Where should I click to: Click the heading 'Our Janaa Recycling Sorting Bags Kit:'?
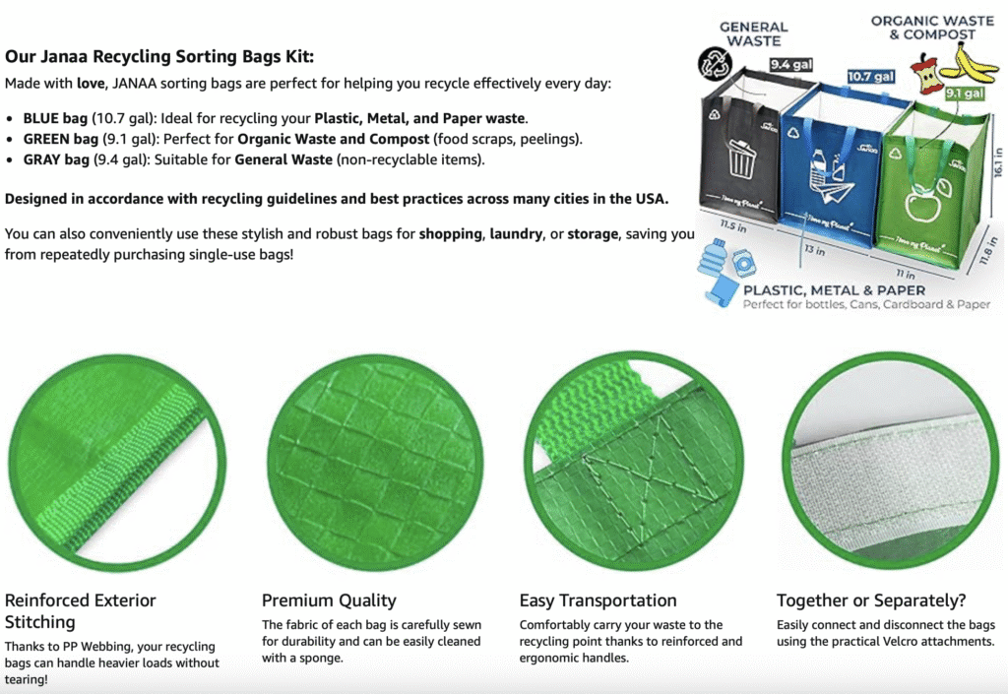[x=159, y=56]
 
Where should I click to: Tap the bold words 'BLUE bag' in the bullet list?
[x=55, y=118]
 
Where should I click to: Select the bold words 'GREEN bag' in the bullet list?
[x=61, y=139]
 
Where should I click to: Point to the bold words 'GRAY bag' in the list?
[x=56, y=159]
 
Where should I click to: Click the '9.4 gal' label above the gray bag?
[x=791, y=64]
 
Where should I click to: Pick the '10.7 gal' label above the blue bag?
[x=871, y=77]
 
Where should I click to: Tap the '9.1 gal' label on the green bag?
[x=965, y=94]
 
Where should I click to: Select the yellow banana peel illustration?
[x=969, y=64]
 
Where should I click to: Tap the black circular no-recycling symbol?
[x=715, y=64]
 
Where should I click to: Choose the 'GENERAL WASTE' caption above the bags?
[x=753, y=34]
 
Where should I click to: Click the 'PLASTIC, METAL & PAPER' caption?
[x=834, y=290]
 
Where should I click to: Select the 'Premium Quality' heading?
[x=329, y=600]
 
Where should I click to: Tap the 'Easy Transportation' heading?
[x=598, y=600]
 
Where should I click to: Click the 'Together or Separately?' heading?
[x=871, y=600]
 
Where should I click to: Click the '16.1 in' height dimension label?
[x=998, y=162]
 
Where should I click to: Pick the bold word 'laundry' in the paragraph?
[x=516, y=234]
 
